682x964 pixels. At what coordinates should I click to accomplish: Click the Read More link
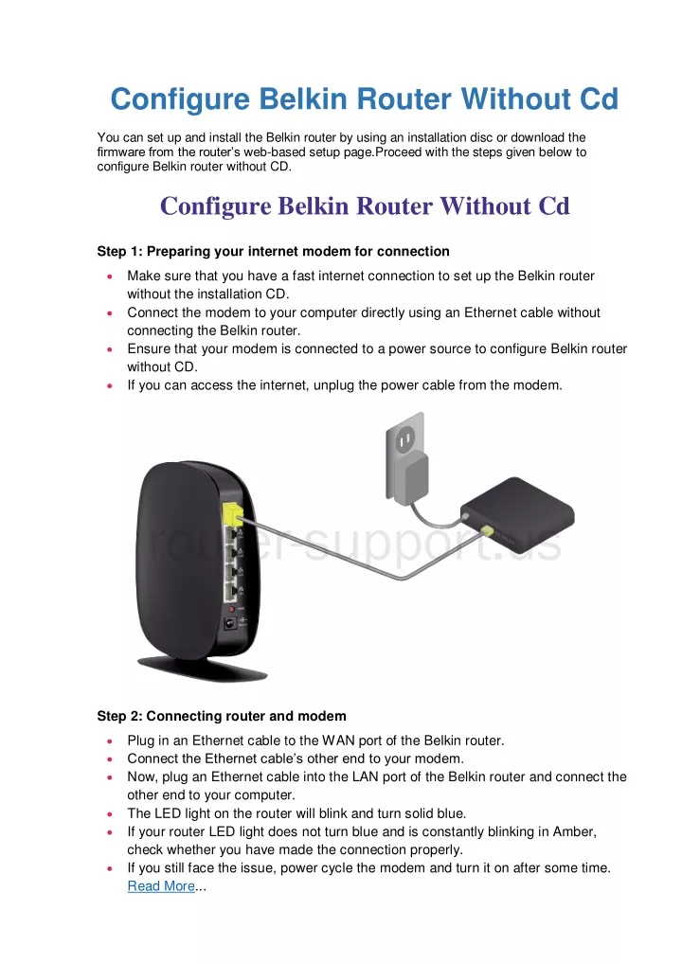tap(161, 886)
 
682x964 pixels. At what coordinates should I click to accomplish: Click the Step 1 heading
tap(273, 252)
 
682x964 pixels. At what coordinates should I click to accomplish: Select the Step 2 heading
tap(222, 716)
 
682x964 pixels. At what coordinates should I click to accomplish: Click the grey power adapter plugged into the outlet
tap(410, 479)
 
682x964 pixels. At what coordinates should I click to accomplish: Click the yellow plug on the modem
tap(487, 529)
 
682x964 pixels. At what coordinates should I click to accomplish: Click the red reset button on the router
tap(232, 609)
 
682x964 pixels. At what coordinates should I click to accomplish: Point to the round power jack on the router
tap(230, 623)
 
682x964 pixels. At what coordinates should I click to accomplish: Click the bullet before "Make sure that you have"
tap(110, 277)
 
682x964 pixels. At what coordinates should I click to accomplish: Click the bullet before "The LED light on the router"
tap(110, 814)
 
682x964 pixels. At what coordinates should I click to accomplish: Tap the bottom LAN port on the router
tap(231, 592)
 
